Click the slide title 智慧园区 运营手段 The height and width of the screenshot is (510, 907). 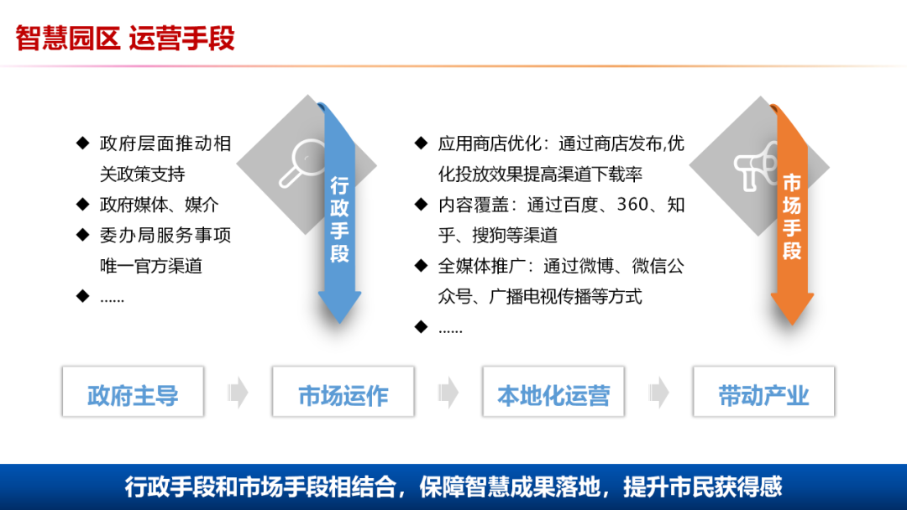pos(125,38)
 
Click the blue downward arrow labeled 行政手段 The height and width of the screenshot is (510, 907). pos(339,218)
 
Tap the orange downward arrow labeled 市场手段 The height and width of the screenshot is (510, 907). pos(792,218)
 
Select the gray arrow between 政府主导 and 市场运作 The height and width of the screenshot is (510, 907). pos(239,392)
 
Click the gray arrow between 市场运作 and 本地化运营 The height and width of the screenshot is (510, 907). pos(448,392)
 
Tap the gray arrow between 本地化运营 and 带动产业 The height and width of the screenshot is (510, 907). pos(659,392)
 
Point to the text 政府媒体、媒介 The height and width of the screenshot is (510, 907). pos(160,205)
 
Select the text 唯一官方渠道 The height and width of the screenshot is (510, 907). pos(151,266)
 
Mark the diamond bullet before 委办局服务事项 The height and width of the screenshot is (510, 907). pos(82,235)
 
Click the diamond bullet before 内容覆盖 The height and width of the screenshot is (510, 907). pos(421,205)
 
